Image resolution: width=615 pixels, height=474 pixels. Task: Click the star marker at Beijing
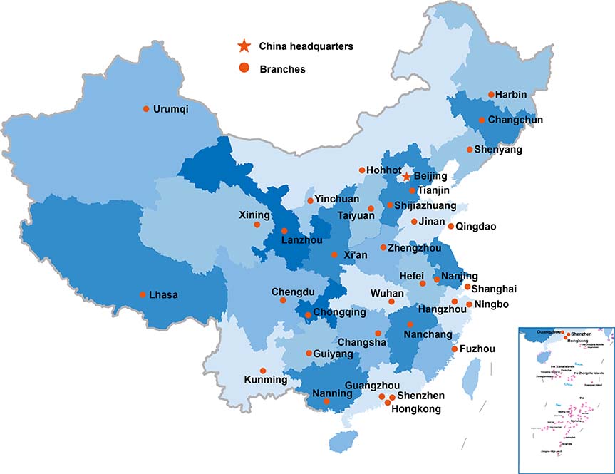(405, 176)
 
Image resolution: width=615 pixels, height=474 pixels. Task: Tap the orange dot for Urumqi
(146, 109)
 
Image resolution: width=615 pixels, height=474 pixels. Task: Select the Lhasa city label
(163, 294)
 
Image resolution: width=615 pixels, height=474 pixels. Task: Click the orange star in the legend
(244, 46)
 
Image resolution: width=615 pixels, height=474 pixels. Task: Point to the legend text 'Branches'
(283, 69)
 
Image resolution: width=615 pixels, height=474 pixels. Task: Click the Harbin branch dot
(491, 94)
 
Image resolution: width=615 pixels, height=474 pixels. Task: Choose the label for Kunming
(265, 380)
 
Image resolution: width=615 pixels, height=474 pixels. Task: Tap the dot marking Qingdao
(450, 226)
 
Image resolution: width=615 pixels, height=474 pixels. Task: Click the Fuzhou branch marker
(453, 349)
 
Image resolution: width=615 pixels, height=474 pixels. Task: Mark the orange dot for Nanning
(327, 401)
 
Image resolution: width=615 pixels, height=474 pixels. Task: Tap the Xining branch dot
(257, 225)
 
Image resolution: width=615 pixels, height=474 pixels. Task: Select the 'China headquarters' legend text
(306, 46)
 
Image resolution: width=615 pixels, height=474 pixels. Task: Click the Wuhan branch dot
(391, 302)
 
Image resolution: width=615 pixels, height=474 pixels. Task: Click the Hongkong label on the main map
(417, 409)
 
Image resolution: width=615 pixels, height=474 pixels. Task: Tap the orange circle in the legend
(244, 68)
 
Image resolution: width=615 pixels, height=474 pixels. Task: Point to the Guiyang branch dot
(308, 353)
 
